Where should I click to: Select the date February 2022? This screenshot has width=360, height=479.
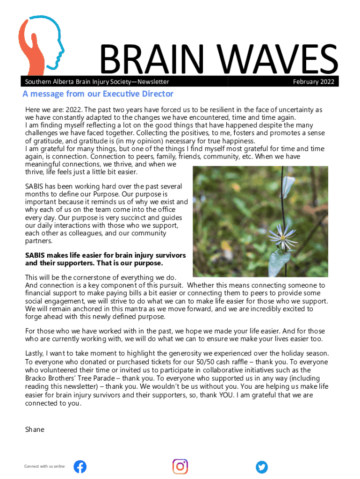(x=313, y=82)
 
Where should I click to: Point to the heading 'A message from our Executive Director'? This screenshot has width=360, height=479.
(x=98, y=94)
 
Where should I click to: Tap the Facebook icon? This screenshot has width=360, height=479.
(x=80, y=466)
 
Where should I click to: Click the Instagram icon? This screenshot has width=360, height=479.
(x=180, y=466)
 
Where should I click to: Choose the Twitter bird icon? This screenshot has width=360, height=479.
(x=262, y=466)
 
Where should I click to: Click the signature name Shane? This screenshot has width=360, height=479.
(x=35, y=429)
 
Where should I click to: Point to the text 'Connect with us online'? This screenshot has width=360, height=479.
(x=44, y=466)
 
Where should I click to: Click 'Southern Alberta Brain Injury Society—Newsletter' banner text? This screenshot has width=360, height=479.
(x=96, y=82)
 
